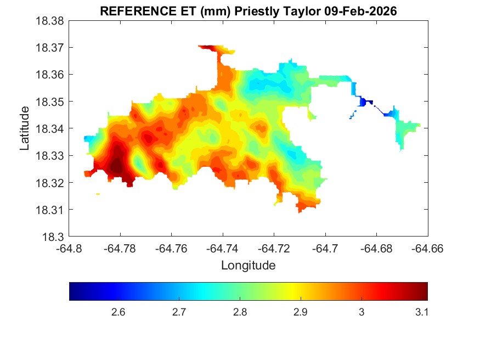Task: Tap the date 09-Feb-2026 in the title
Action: pyautogui.click(x=359, y=11)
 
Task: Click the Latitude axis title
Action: pyautogui.click(x=25, y=129)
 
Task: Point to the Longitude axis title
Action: pyautogui.click(x=248, y=266)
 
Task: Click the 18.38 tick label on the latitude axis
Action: pyautogui.click(x=51, y=21)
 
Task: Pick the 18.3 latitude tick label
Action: pyautogui.click(x=55, y=237)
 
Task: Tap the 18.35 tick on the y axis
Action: pyautogui.click(x=51, y=102)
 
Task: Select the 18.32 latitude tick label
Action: pyautogui.click(x=51, y=183)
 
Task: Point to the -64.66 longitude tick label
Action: pyautogui.click(x=427, y=249)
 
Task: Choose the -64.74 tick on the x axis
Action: pyautogui.click(x=223, y=249)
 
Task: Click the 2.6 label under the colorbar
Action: pyautogui.click(x=118, y=312)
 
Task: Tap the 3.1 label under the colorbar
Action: pyautogui.click(x=421, y=312)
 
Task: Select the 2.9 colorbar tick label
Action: pyautogui.click(x=300, y=312)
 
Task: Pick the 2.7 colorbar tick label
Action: pyautogui.click(x=179, y=312)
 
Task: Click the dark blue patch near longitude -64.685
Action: pyautogui.click(x=365, y=102)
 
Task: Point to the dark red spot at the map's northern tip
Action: pyautogui.click(x=208, y=48)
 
